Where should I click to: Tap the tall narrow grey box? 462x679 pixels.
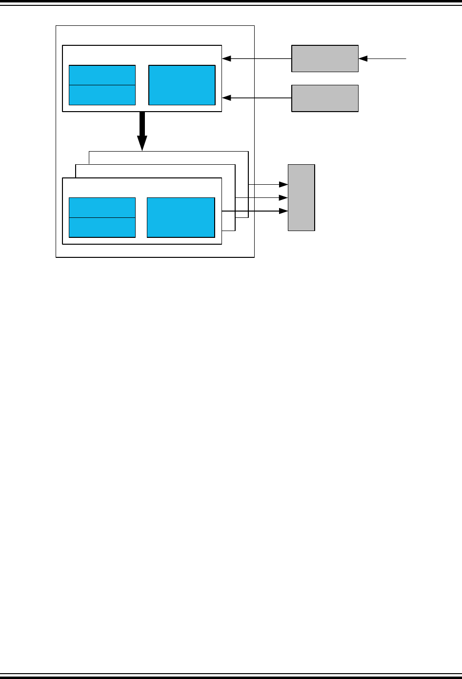tap(301, 197)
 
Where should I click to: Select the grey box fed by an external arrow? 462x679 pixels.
tap(325, 58)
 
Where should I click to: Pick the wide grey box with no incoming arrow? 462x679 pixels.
tap(325, 98)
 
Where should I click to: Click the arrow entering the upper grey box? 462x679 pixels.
tap(383, 58)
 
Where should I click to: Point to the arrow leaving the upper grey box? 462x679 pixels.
tap(257, 58)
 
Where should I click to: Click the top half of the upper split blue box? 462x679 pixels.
tap(102, 75)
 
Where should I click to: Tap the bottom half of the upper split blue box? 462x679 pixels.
tap(102, 95)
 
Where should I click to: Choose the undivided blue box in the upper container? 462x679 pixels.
tap(181, 85)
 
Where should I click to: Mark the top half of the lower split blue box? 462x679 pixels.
tap(102, 208)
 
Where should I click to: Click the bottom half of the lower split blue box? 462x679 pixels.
tap(102, 228)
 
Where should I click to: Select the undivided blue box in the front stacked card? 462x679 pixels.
tap(181, 217)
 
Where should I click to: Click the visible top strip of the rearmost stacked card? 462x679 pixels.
tap(168, 157)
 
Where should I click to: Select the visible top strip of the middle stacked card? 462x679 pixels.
tap(155, 171)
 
